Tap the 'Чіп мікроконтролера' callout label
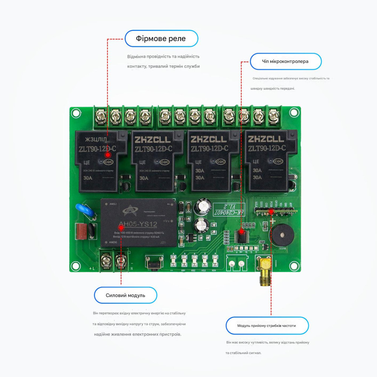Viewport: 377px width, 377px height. (x=285, y=61)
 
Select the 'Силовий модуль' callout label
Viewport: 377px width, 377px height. (x=126, y=295)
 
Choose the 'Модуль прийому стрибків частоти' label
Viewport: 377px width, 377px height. (x=267, y=326)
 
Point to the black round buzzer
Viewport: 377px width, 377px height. (x=281, y=235)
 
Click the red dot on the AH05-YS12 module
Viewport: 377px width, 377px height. (x=121, y=228)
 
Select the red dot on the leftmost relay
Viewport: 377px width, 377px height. (x=107, y=155)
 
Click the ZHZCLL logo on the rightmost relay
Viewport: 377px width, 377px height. (x=266, y=139)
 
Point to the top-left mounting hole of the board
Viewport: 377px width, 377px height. (x=76, y=112)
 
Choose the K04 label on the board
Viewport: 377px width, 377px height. (x=214, y=270)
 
